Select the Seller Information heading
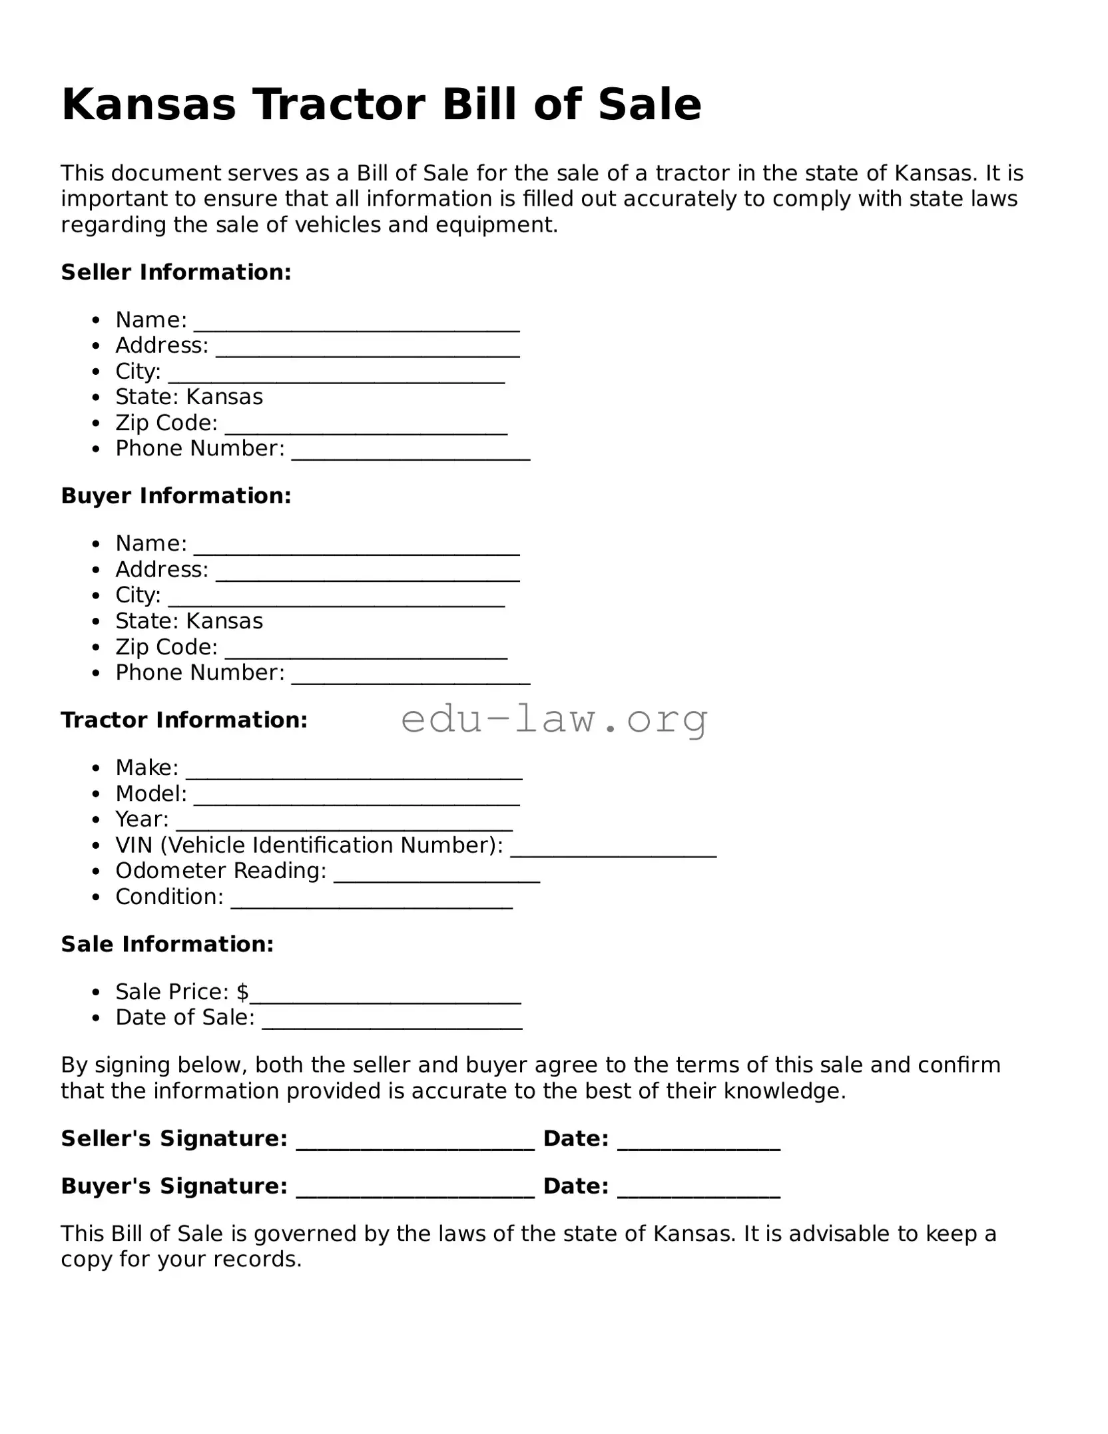pyautogui.click(x=176, y=272)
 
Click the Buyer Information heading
pyautogui.click(x=176, y=495)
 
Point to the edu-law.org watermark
pyautogui.click(x=554, y=719)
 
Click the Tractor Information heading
pyautogui.click(x=184, y=720)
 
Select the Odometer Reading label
pyautogui.click(x=220, y=871)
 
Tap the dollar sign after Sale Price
pyautogui.click(x=242, y=992)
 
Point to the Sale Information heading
pyautogui.click(x=167, y=944)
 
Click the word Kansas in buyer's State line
pyautogui.click(x=225, y=621)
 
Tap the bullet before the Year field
pyautogui.click(x=97, y=820)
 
